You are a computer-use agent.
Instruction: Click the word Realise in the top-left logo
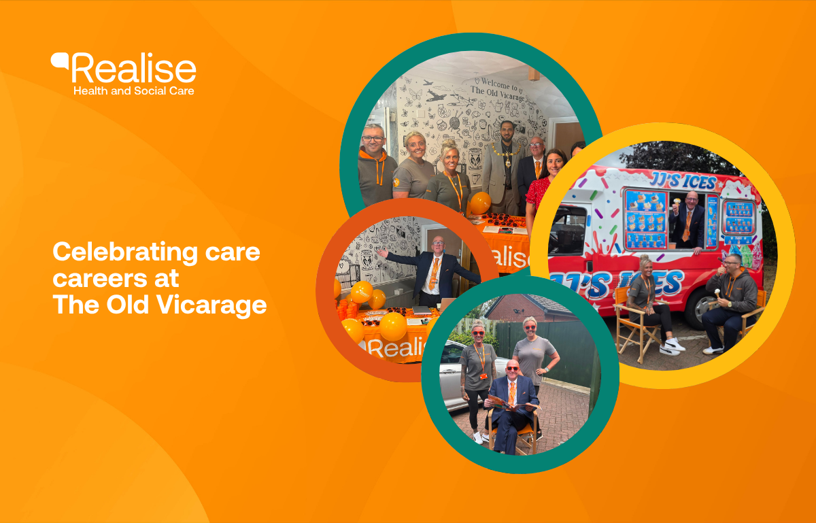pos(134,68)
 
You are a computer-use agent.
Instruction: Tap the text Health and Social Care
pos(134,90)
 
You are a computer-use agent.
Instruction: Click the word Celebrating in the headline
pos(125,253)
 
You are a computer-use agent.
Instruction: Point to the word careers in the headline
pos(100,279)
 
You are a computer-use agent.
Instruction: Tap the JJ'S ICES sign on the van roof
pos(683,181)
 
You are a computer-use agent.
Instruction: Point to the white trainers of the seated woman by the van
pos(672,347)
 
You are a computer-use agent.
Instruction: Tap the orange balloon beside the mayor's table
pos(480,203)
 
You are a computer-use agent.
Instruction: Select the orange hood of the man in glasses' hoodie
pos(373,156)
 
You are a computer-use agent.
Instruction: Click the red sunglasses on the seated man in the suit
pos(512,369)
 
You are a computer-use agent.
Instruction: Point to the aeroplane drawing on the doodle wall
pos(436,96)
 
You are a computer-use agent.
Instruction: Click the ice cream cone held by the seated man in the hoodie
pos(717,292)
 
